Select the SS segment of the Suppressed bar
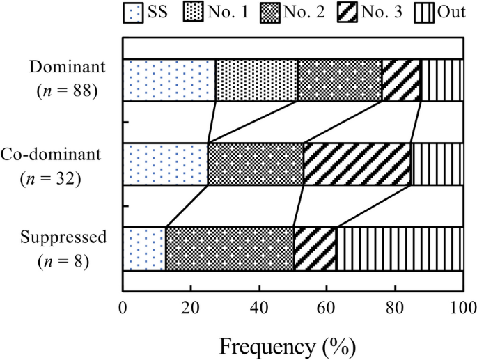144,248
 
